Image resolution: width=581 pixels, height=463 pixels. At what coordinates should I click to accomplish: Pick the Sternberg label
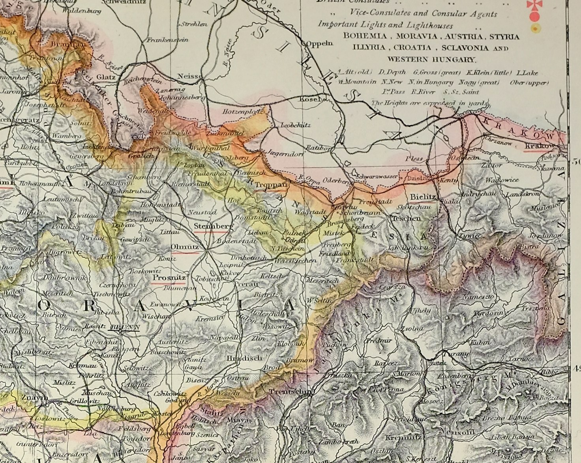[214, 226]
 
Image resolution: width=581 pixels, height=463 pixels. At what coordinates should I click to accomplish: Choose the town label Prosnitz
[169, 277]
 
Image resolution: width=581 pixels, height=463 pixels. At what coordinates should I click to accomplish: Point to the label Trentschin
[290, 392]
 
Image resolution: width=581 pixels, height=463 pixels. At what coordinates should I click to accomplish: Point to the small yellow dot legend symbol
[535, 28]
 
